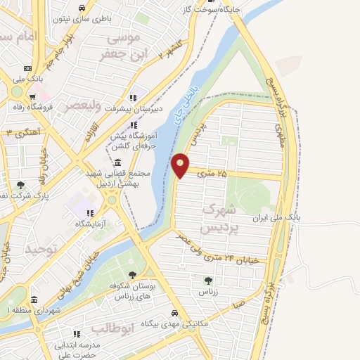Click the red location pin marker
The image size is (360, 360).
(181, 165)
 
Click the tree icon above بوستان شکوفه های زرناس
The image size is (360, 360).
(132, 275)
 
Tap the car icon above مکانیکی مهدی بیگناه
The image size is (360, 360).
(174, 314)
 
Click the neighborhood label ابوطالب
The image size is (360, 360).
(112, 328)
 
